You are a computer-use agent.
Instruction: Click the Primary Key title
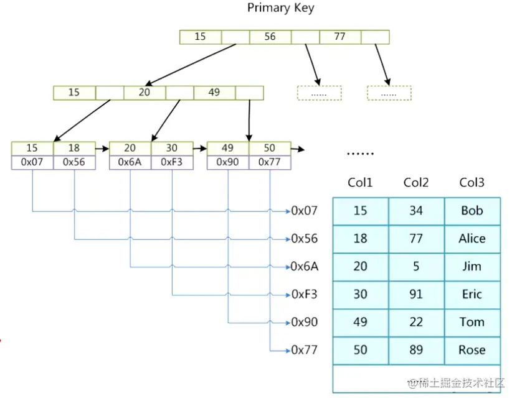point(280,7)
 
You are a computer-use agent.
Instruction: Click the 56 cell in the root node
point(270,37)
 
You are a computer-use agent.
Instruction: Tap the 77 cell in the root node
point(340,37)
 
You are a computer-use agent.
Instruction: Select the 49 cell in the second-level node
point(215,93)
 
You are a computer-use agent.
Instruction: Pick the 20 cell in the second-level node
point(145,93)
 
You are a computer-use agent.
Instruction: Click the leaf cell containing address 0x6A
point(130,162)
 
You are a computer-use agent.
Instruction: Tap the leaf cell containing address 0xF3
point(172,162)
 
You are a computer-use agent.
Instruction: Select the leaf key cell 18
point(74,149)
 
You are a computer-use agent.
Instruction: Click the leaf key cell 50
point(270,149)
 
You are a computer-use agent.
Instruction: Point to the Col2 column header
point(415,182)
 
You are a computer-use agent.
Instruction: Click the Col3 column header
point(472,182)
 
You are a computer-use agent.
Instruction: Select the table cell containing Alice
point(472,239)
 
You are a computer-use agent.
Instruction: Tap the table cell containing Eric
point(472,295)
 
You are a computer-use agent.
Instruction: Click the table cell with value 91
point(417,295)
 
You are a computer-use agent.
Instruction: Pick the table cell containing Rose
point(472,351)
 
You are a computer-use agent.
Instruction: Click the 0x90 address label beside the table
point(305,322)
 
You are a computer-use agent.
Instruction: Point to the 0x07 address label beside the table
point(305,211)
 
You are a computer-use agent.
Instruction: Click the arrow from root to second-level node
point(191,65)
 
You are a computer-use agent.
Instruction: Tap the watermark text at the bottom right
point(456,383)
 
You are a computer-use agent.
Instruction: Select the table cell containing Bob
point(472,211)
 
